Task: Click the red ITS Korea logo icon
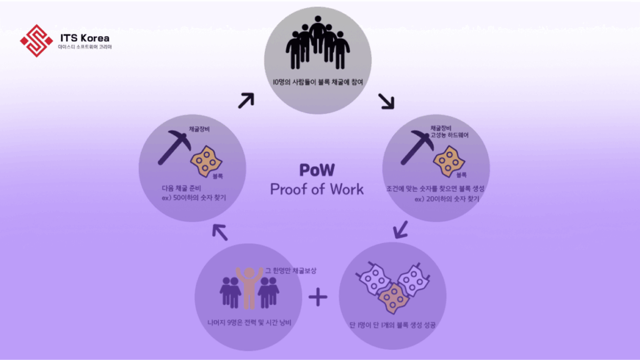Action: [36, 41]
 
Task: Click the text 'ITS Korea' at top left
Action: [84, 37]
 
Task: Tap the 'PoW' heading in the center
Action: [316, 170]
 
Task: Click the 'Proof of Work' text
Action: [316, 189]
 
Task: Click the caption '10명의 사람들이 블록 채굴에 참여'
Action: [317, 81]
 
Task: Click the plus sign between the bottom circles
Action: [318, 297]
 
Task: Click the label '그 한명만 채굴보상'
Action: [291, 270]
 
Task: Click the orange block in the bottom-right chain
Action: [393, 299]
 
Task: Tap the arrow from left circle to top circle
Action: [246, 100]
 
